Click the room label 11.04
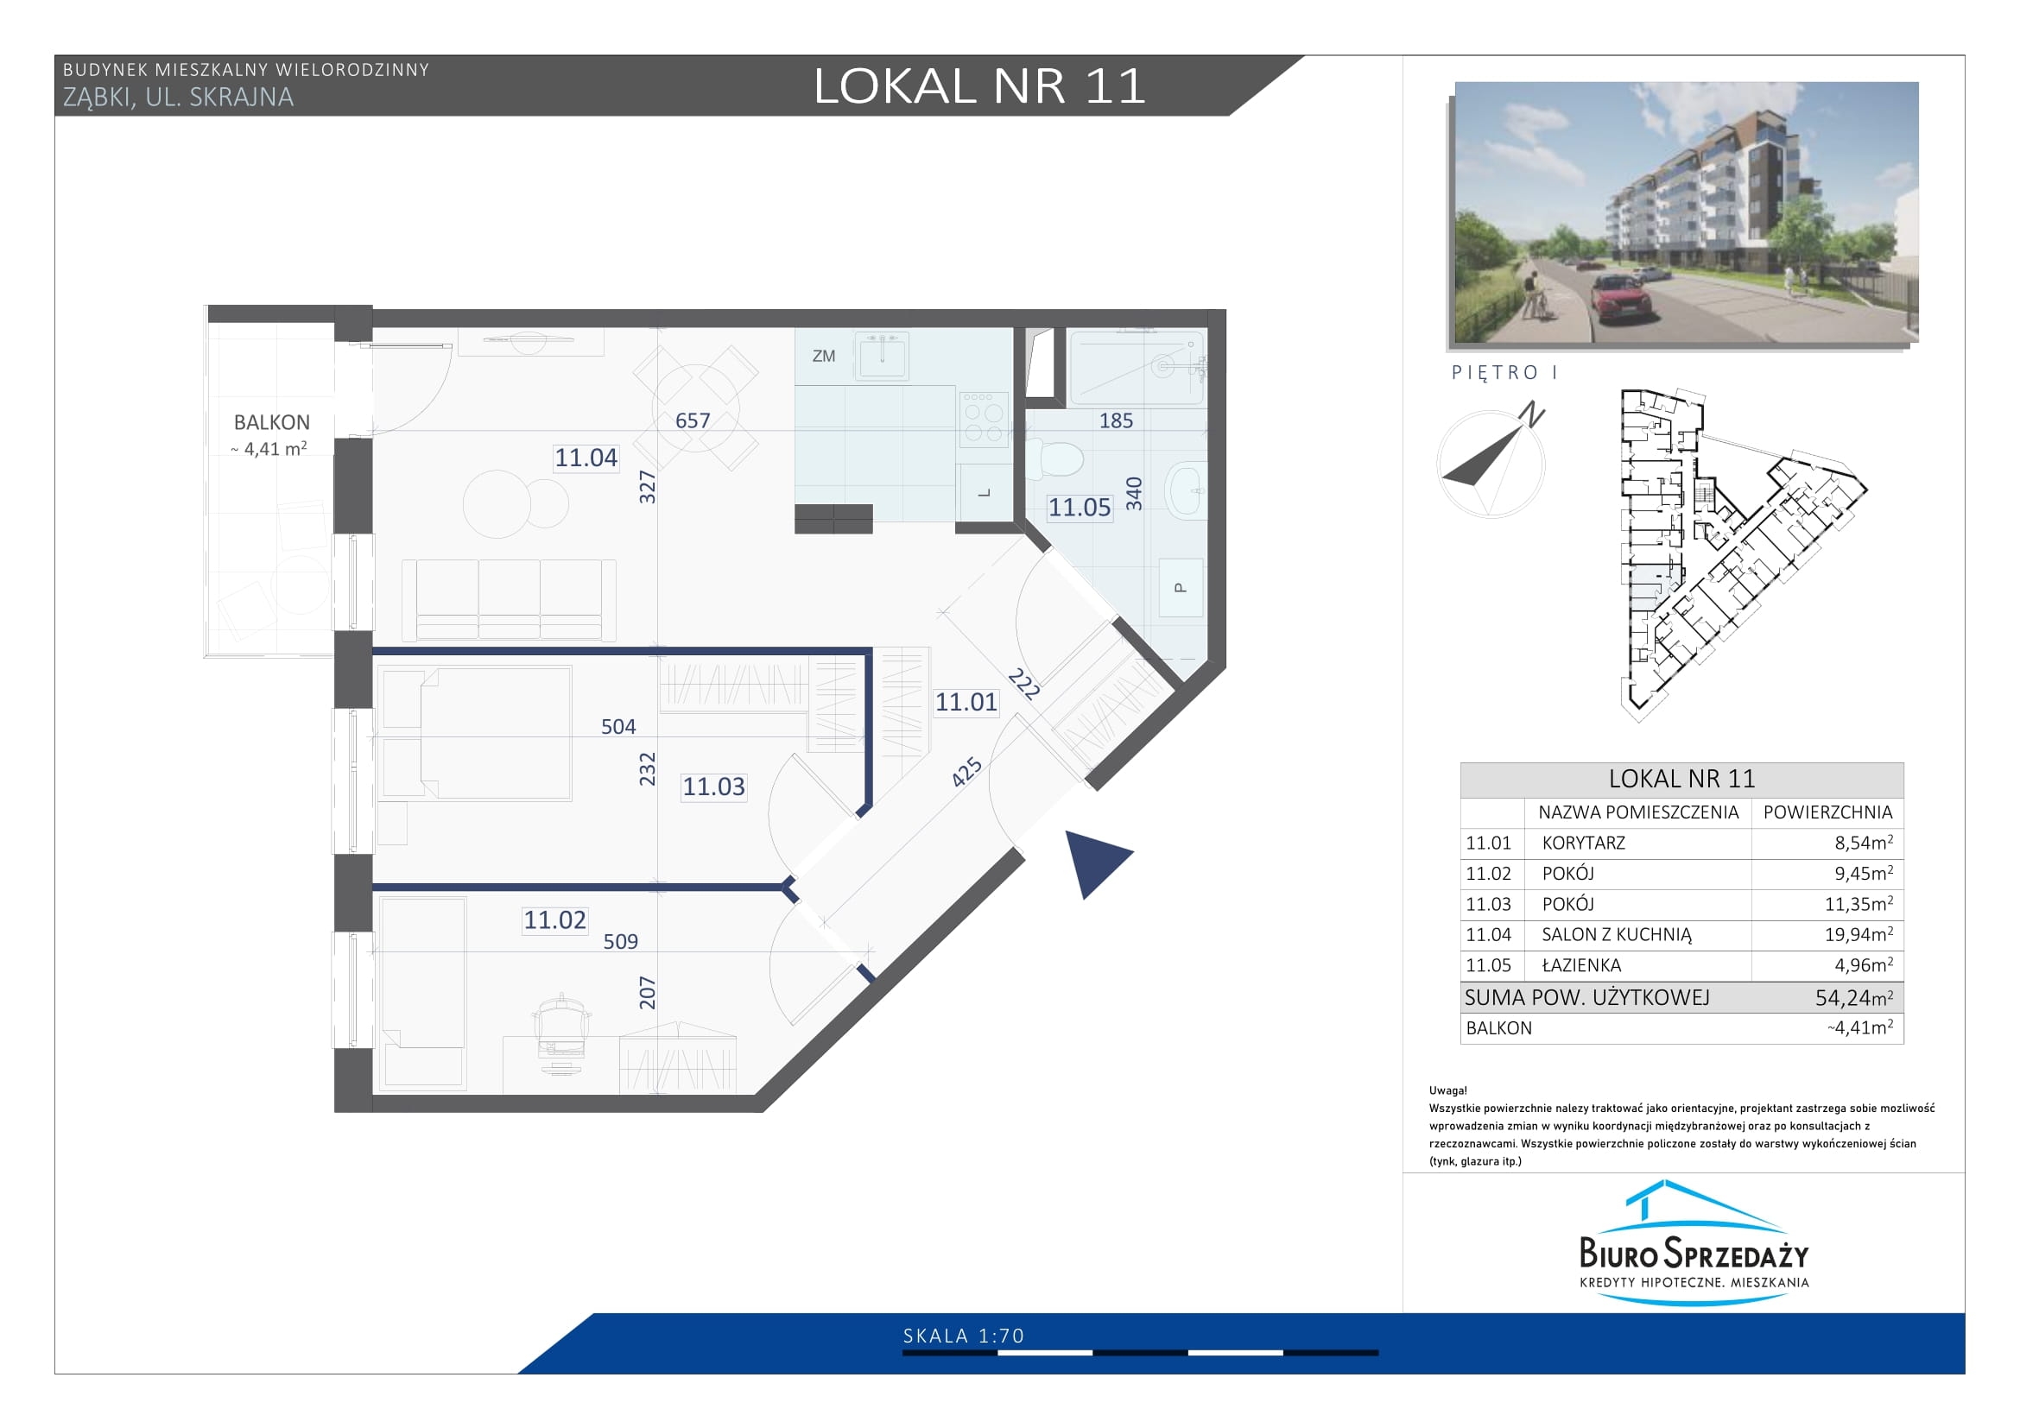(586, 458)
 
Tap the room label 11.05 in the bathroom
(1080, 508)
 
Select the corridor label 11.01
(966, 702)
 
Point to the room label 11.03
(713, 787)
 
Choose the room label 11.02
(554, 919)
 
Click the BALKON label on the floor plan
(272, 422)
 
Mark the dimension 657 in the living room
(693, 420)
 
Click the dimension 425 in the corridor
(966, 772)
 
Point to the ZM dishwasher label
(824, 356)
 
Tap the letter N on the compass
(1534, 414)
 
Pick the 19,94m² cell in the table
(1859, 934)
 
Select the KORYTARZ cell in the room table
(1584, 843)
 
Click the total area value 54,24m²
(1853, 997)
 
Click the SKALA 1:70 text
(964, 1336)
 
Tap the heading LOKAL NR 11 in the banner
(979, 86)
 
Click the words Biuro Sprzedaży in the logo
(1694, 1253)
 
